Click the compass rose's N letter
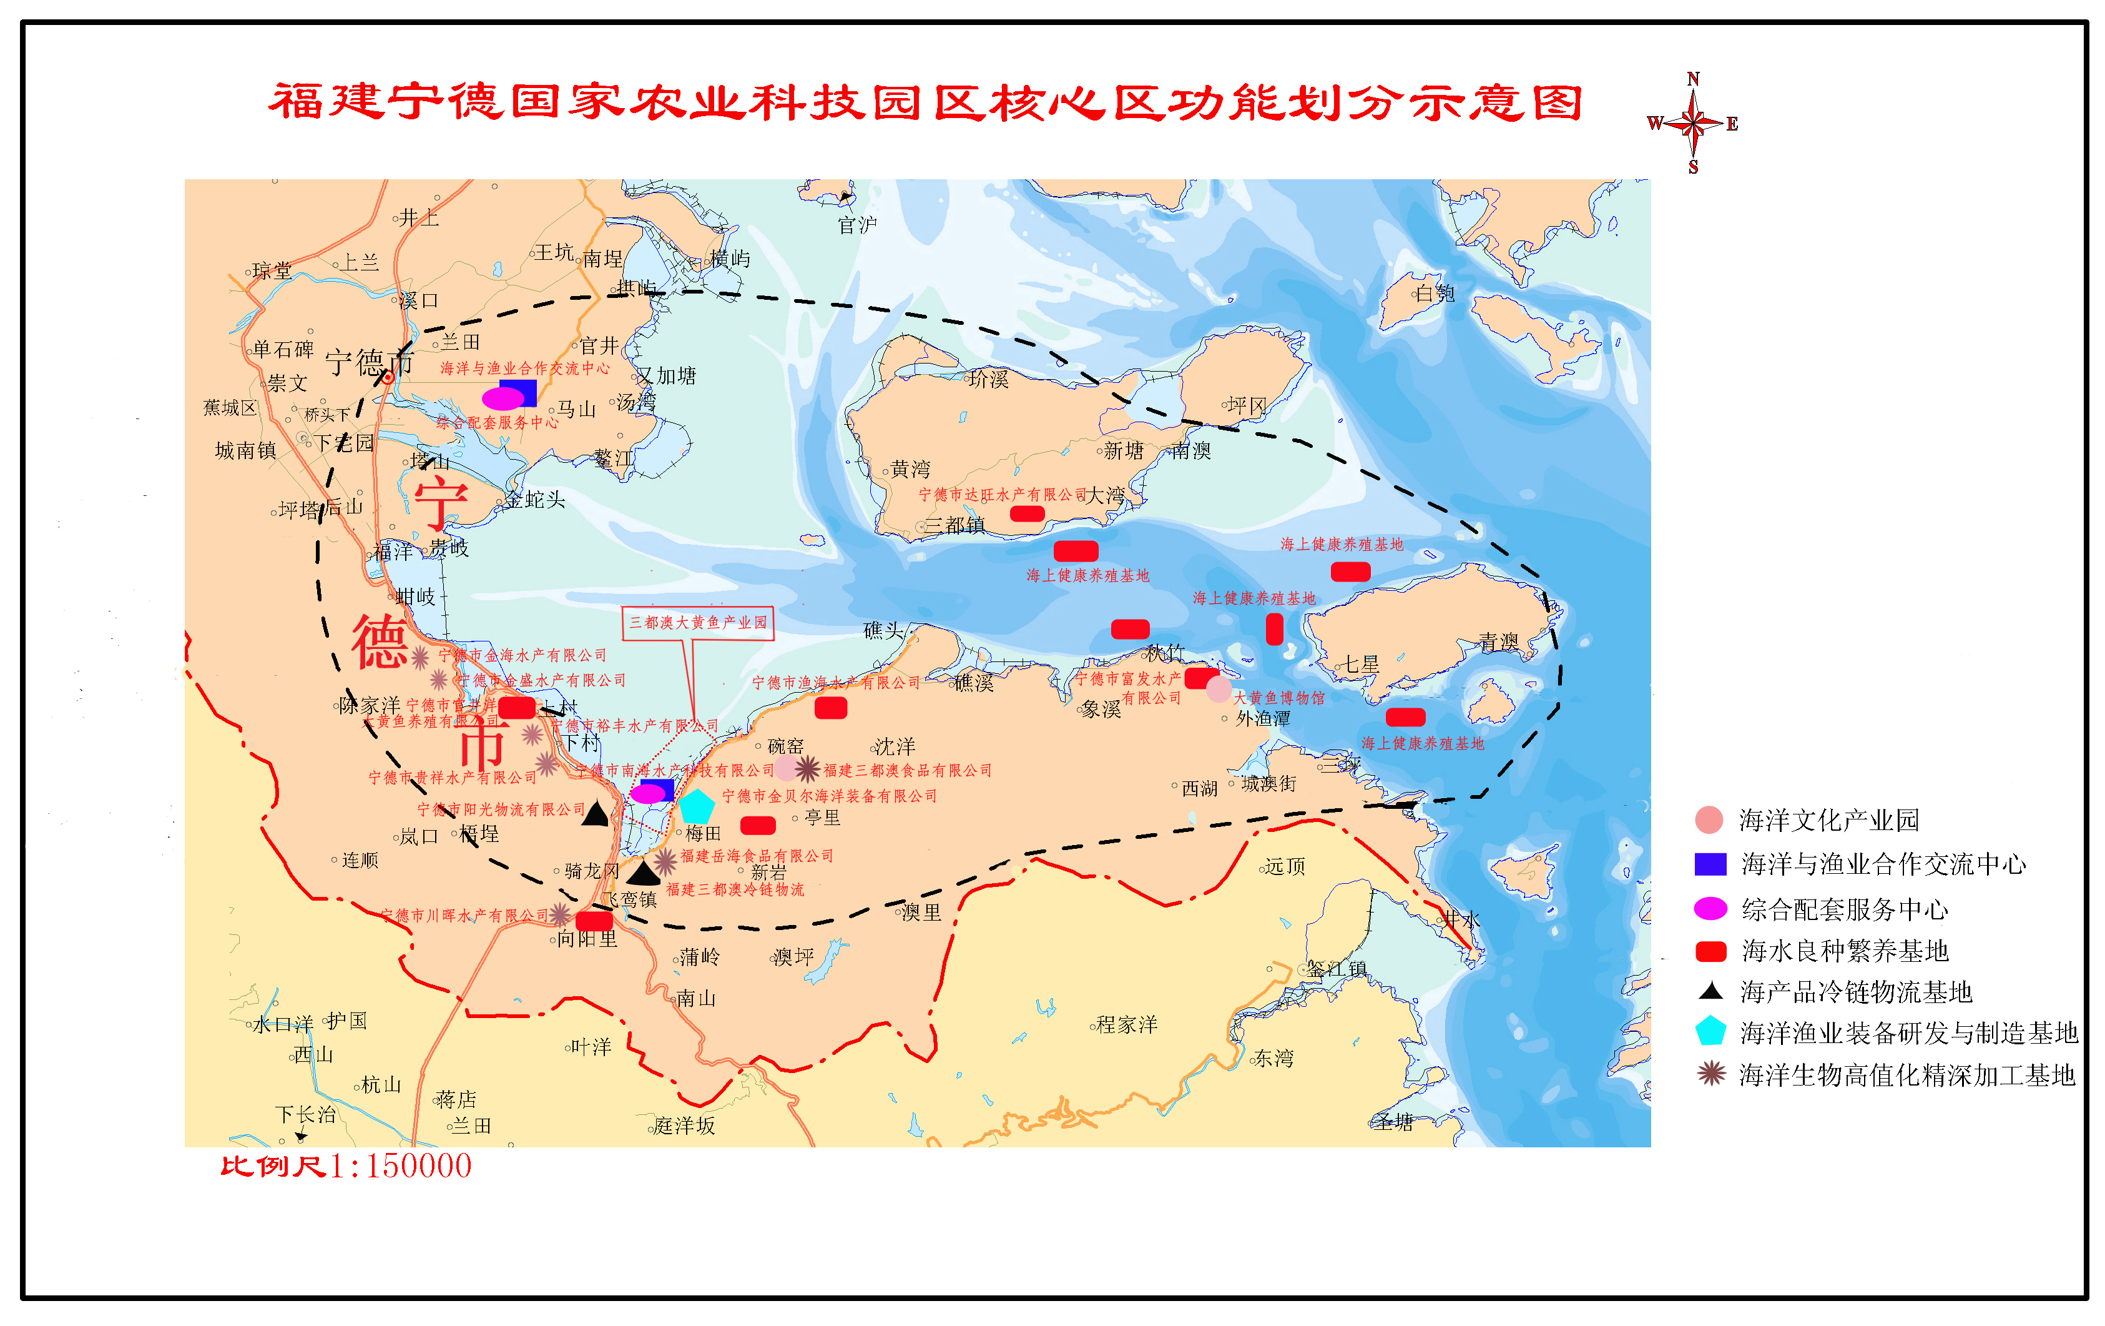point(1693,79)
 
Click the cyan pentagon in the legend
point(1710,1032)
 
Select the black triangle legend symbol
point(1710,991)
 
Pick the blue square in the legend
point(1710,864)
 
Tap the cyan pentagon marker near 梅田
point(697,806)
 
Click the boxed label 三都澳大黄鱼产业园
point(697,623)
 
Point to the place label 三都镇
point(954,526)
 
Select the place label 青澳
point(1499,643)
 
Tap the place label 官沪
point(856,225)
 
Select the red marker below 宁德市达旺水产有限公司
point(1027,514)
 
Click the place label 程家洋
point(1127,1024)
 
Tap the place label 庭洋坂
point(684,1126)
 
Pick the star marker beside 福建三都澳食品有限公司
point(807,769)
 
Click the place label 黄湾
point(910,470)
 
